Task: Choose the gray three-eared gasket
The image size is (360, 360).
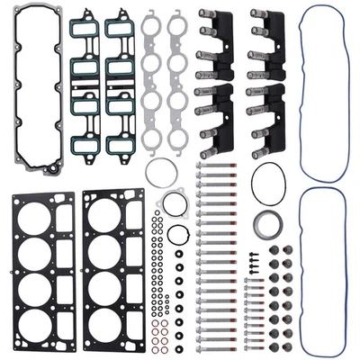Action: (x=173, y=205)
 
